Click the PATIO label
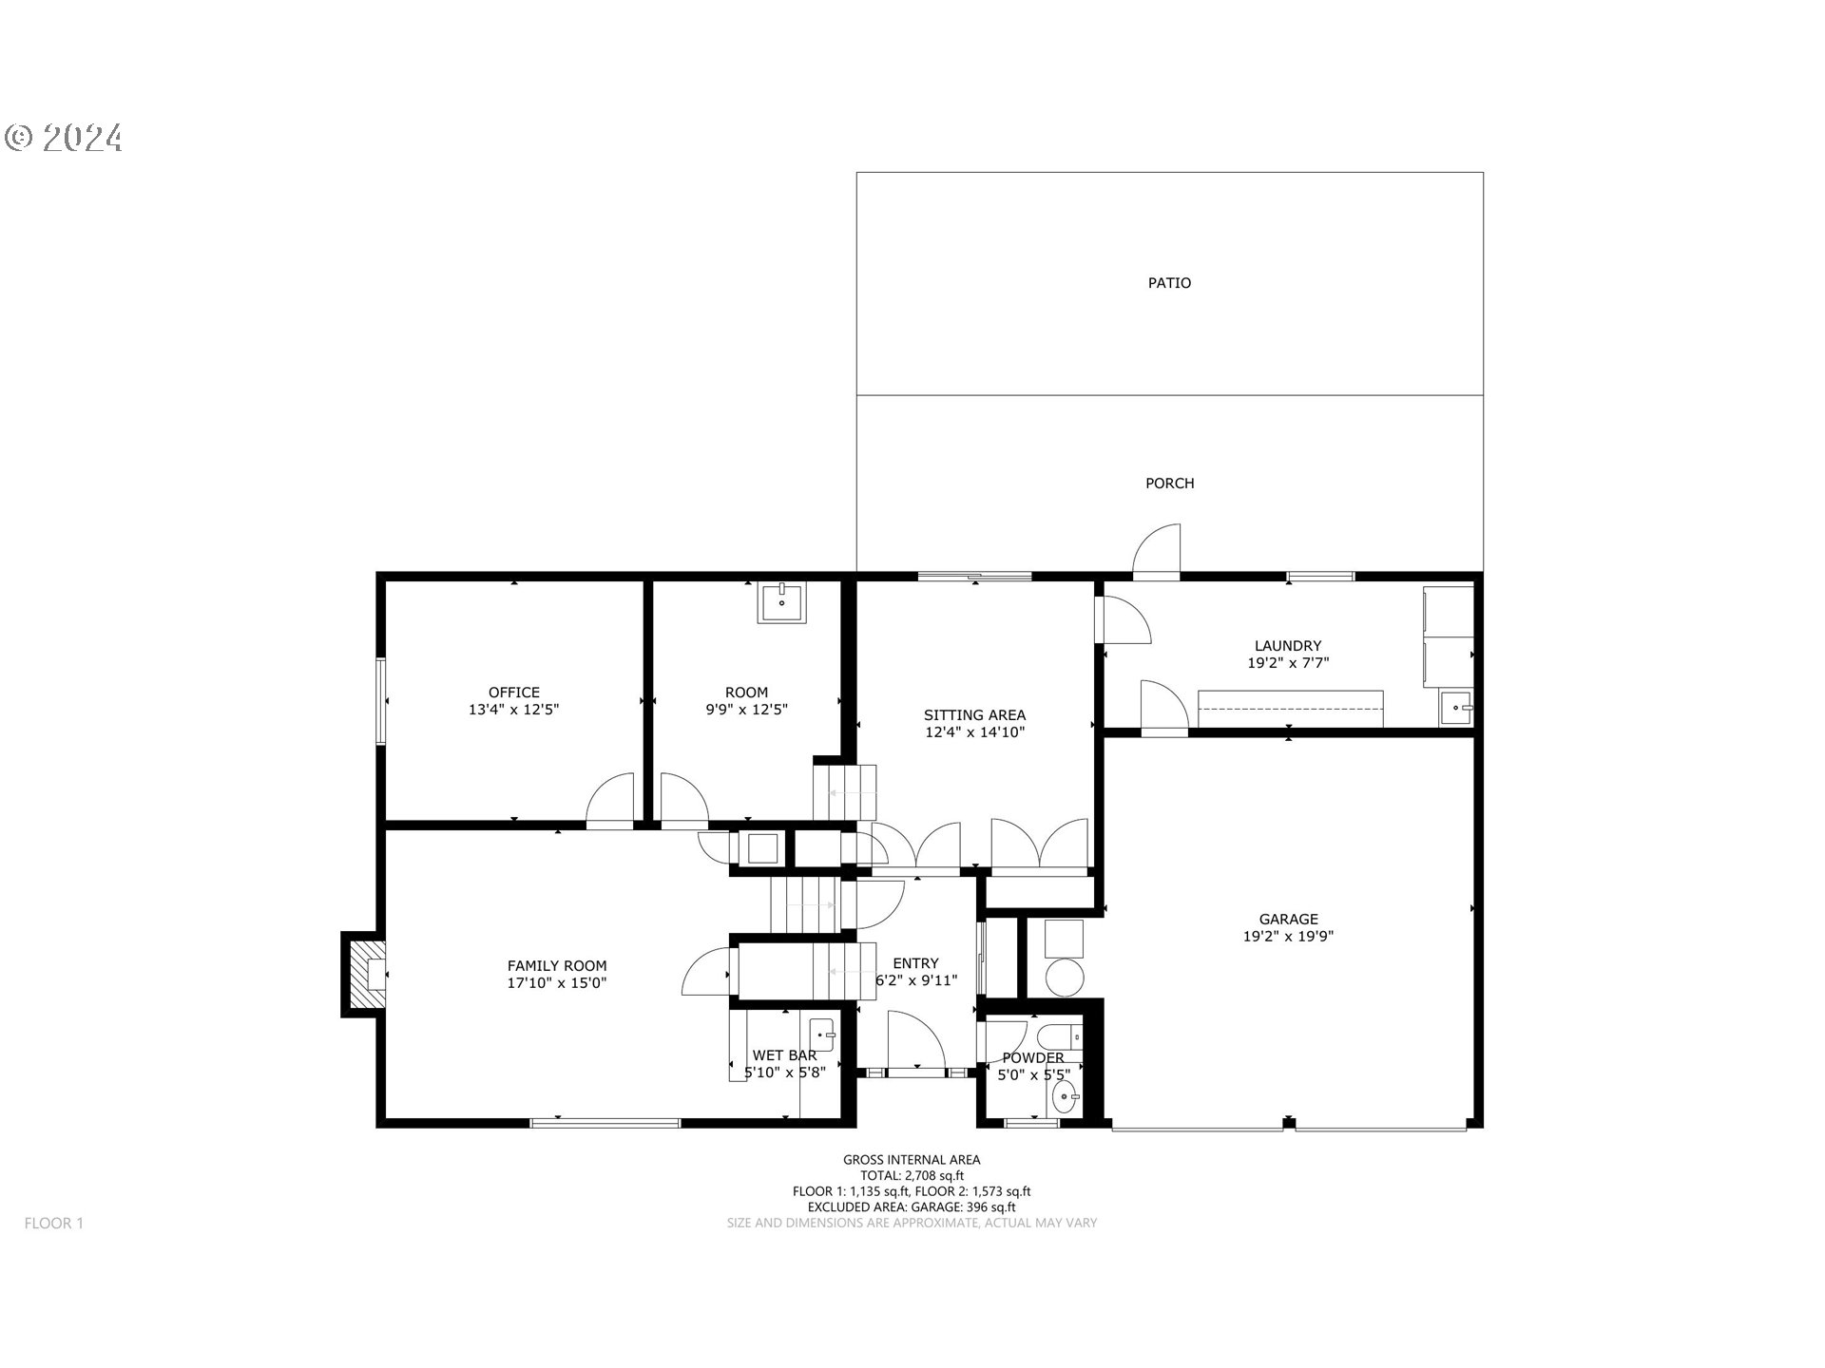[x=1169, y=283]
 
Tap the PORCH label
[x=1169, y=484]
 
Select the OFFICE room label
[x=514, y=693]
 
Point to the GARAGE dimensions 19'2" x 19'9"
[x=1288, y=937]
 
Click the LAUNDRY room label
[x=1288, y=646]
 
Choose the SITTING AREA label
[x=974, y=715]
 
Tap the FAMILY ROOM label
[x=557, y=966]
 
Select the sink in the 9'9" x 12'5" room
[x=781, y=602]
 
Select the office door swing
[x=610, y=801]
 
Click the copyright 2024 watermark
[x=64, y=139]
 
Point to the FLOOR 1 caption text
[x=54, y=1224]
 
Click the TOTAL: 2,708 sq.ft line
[x=912, y=1175]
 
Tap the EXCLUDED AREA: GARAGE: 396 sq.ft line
[x=912, y=1207]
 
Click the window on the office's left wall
[x=380, y=701]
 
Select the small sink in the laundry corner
[x=1456, y=708]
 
